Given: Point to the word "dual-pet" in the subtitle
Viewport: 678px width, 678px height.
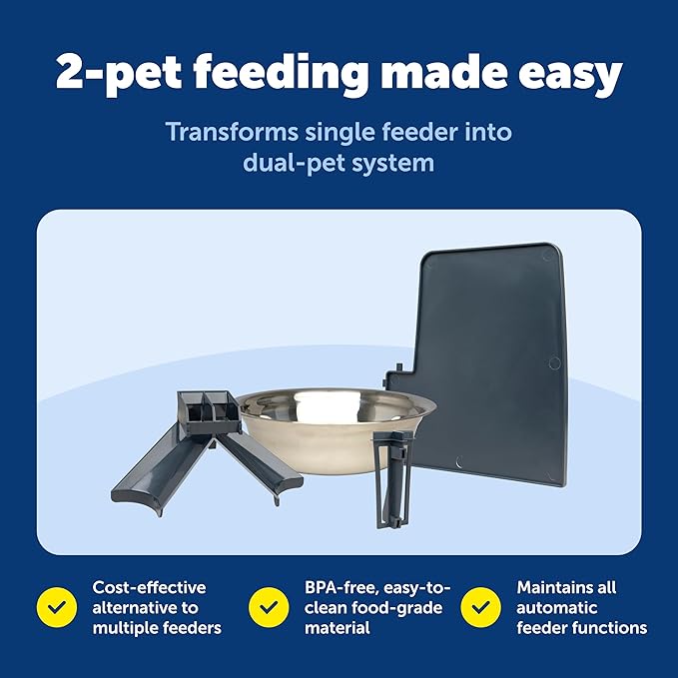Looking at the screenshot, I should pos(291,162).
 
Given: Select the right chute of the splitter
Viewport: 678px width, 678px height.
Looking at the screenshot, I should pos(259,463).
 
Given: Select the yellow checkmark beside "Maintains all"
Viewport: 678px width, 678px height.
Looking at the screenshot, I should pos(481,606).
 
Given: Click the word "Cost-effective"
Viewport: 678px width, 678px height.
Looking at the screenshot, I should pos(149,587).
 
